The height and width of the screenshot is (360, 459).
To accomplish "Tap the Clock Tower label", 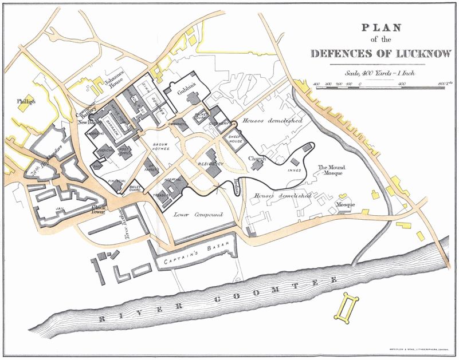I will (x=100, y=210).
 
